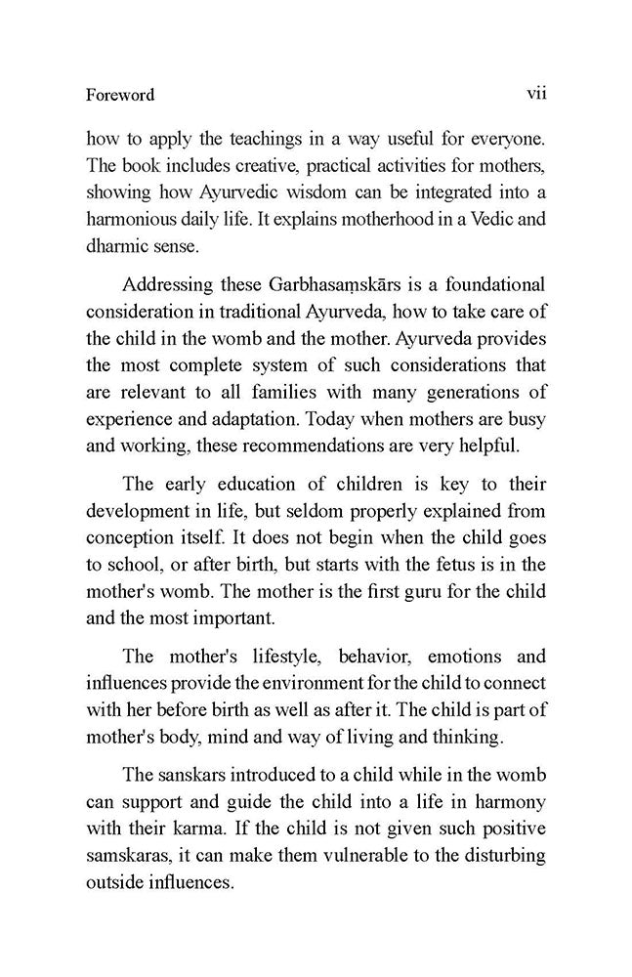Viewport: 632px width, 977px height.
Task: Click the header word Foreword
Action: click(x=120, y=96)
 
